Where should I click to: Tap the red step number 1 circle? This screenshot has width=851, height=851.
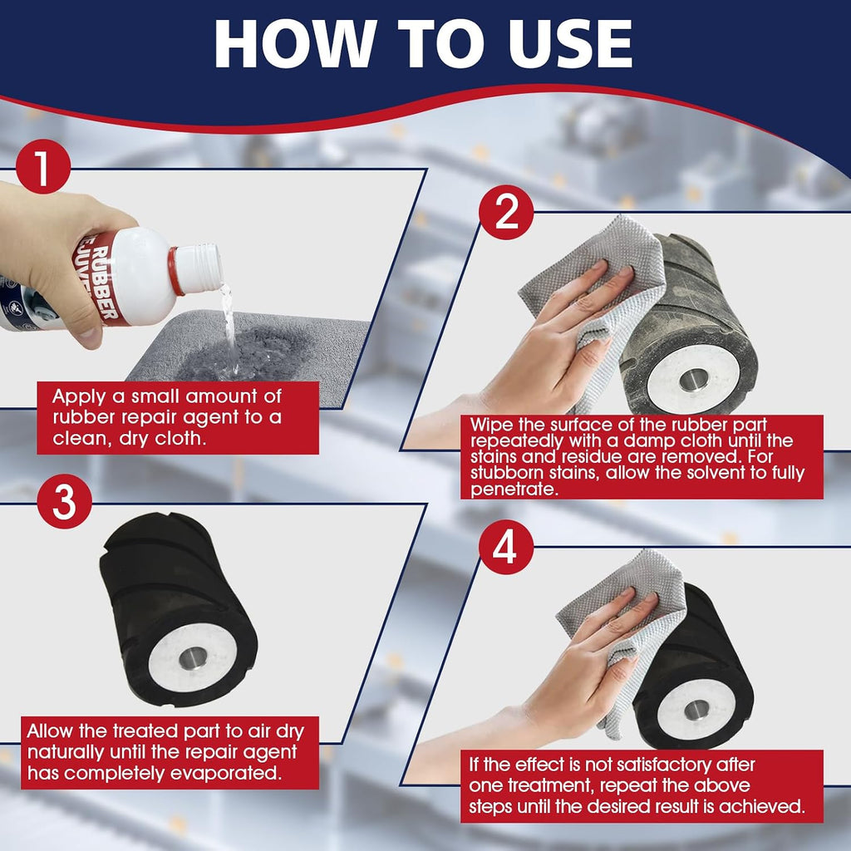tap(43, 166)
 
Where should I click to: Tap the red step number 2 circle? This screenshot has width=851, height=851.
tap(506, 212)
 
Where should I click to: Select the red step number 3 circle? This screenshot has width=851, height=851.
tap(65, 501)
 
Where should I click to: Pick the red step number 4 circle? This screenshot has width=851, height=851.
tap(506, 547)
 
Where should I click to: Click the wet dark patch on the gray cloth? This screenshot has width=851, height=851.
tap(244, 356)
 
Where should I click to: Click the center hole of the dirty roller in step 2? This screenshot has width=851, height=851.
tap(693, 379)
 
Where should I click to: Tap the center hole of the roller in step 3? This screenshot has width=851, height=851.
tap(193, 658)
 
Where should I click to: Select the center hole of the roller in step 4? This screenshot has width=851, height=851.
tap(696, 710)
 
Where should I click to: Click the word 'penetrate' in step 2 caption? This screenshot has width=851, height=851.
tap(514, 489)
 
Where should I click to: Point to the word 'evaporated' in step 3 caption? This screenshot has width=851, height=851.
tap(226, 773)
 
